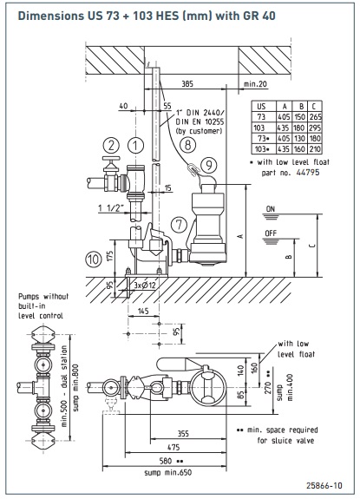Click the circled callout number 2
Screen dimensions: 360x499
tap(111, 146)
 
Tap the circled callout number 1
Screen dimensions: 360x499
tap(136, 146)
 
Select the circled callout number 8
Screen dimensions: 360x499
tap(187, 145)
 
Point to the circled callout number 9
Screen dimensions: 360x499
tap(209, 165)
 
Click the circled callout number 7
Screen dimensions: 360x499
tap(179, 225)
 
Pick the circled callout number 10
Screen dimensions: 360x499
tap(94, 259)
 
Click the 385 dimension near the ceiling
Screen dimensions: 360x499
tap(187, 84)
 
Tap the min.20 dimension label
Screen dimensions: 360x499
tap(255, 84)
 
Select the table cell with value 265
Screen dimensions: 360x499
tap(315, 117)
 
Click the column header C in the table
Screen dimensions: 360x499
tap(314, 106)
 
